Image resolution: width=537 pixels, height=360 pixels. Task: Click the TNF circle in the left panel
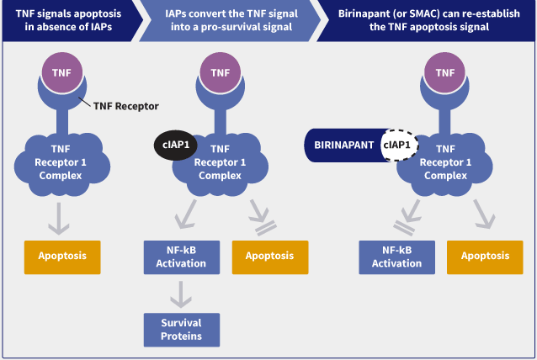[x=61, y=72]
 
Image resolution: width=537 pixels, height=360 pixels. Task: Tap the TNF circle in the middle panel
[x=220, y=72]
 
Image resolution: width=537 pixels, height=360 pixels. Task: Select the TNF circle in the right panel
[x=445, y=72]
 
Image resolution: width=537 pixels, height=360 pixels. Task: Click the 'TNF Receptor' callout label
[x=126, y=106]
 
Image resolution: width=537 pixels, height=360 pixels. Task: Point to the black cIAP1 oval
[x=175, y=145]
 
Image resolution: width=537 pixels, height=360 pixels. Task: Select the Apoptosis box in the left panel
[x=62, y=256]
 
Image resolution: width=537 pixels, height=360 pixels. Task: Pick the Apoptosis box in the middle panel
[x=269, y=256]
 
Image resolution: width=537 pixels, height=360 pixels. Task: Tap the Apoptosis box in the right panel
[x=485, y=256]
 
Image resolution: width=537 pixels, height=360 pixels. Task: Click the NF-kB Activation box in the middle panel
[x=181, y=257]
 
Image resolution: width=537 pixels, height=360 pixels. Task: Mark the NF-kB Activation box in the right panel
[x=396, y=257]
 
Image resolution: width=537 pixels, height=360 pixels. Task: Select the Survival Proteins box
[x=181, y=329]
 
